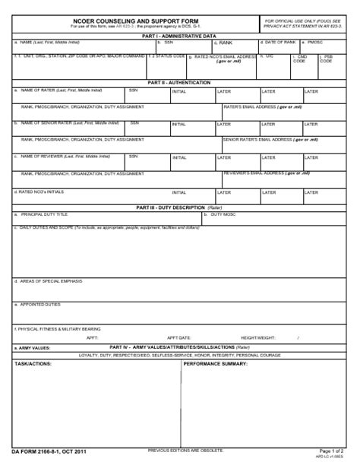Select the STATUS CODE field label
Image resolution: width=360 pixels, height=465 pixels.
168,55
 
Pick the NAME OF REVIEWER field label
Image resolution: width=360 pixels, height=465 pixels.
61,156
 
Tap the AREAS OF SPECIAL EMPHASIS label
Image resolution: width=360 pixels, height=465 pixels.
47,280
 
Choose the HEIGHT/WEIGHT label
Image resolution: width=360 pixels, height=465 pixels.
257,337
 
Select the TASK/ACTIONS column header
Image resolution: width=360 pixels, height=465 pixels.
33,364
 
